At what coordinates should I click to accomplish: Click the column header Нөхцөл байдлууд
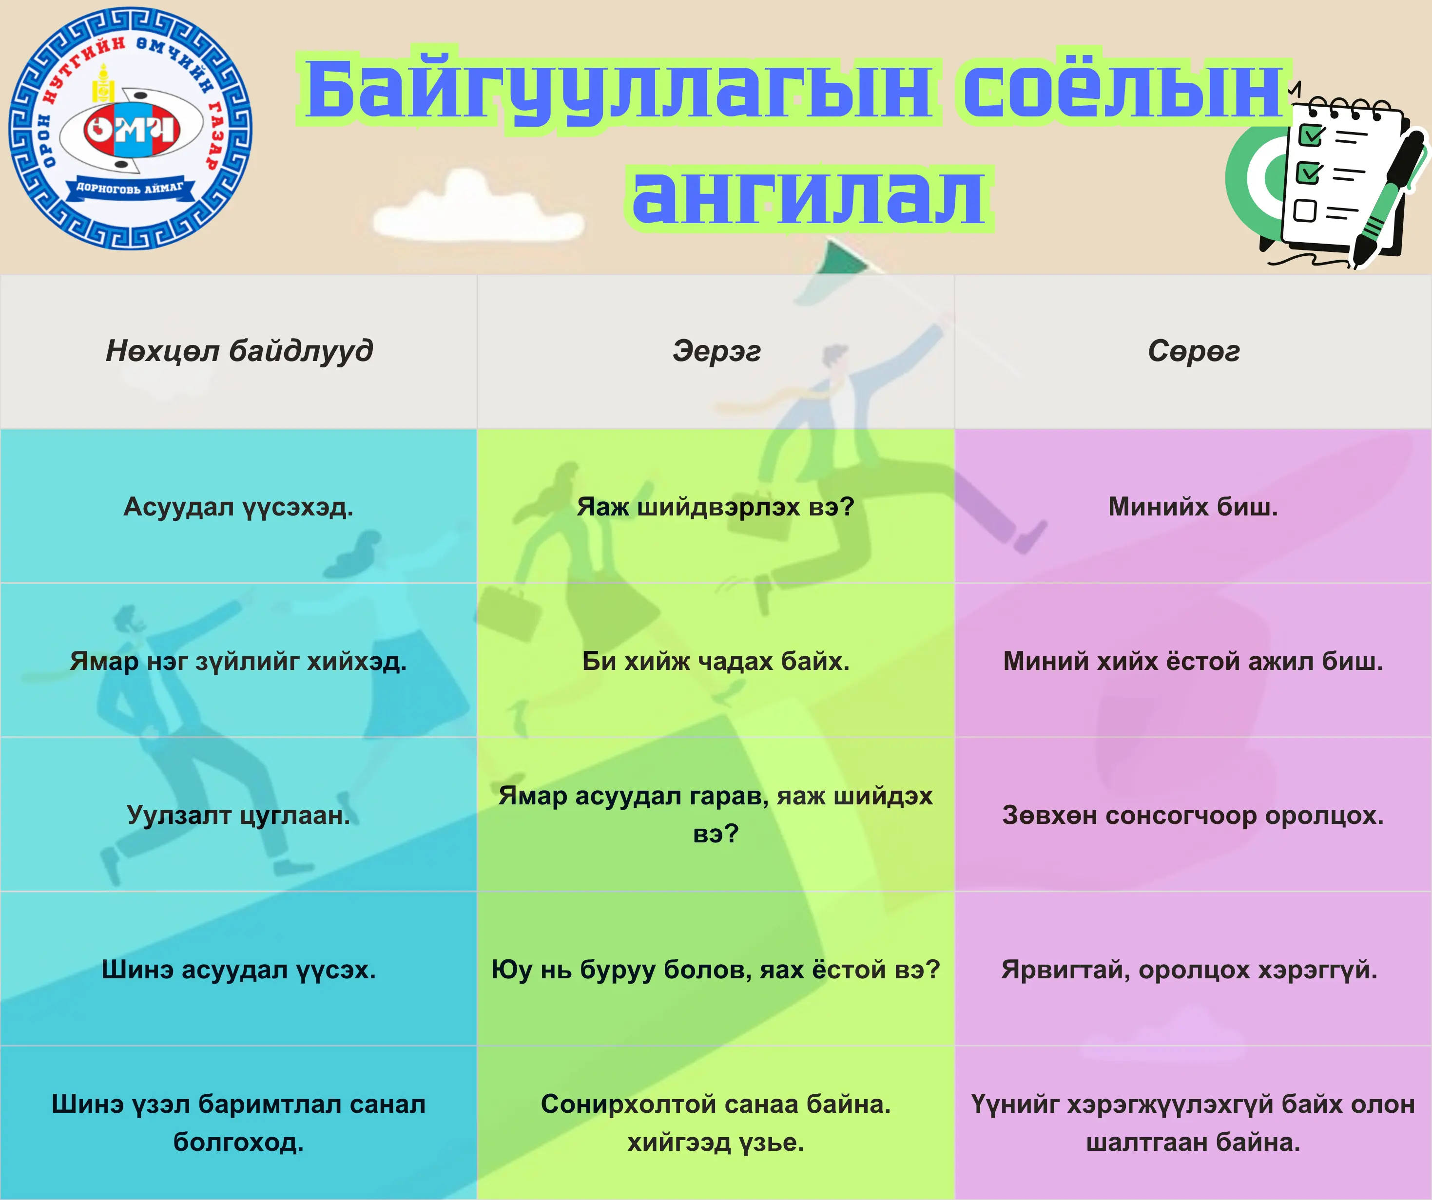coord(239,351)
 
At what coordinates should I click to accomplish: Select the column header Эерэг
coord(716,351)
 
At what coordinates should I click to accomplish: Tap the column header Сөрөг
coord(1193,351)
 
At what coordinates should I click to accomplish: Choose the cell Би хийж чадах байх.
coord(716,661)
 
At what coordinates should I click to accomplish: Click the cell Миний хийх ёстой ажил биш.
coord(1193,661)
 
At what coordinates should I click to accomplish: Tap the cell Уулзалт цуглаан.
coord(239,815)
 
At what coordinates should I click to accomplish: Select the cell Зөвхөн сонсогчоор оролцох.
coord(1193,815)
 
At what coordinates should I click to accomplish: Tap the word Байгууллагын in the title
coord(619,89)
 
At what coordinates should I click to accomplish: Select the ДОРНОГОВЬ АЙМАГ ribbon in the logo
coord(130,188)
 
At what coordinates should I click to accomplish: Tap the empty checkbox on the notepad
coord(1305,210)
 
